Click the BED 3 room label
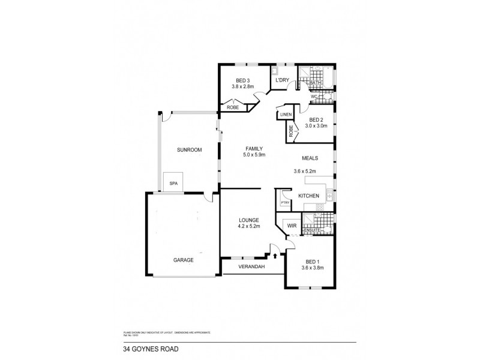(242, 80)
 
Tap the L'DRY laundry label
(282, 80)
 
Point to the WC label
(313, 97)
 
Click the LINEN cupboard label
(285, 115)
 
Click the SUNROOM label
(188, 150)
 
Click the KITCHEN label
(309, 196)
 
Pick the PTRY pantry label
(285, 202)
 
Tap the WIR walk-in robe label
(292, 226)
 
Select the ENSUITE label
(311, 230)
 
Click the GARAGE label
(184, 260)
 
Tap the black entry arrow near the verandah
(275, 256)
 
